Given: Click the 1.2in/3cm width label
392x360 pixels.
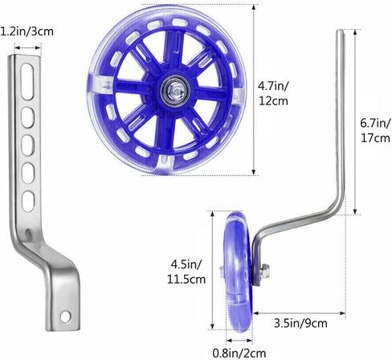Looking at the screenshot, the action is coord(27,31).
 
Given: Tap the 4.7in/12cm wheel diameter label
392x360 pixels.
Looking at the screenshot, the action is coord(273,94).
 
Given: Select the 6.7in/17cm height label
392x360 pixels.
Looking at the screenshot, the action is coord(375,130).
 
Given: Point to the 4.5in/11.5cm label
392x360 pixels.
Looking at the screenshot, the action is coord(186,272).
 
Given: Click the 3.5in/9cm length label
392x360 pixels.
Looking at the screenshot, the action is coord(300,323).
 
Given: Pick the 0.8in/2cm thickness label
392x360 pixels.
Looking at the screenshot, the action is coord(239,353).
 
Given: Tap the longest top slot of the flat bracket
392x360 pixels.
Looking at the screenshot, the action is coord(27,81).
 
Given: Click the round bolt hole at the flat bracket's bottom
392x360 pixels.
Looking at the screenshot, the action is coord(65,317).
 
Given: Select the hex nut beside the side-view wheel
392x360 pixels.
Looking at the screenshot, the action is coord(265,271).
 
